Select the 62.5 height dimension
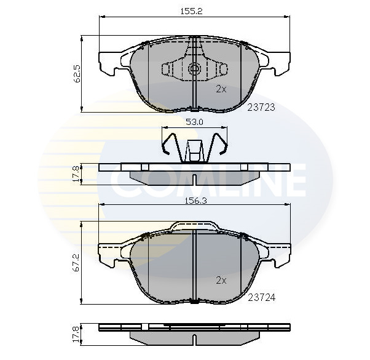pyautogui.click(x=77, y=74)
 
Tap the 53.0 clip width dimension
pyautogui.click(x=194, y=122)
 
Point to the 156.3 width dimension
pyautogui.click(x=194, y=199)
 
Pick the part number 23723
pyautogui.click(x=260, y=106)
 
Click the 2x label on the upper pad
pyautogui.click(x=221, y=89)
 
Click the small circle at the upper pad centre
pyautogui.click(x=194, y=69)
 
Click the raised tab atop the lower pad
pyautogui.click(x=194, y=226)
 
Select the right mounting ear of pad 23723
pyautogui.click(x=276, y=60)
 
